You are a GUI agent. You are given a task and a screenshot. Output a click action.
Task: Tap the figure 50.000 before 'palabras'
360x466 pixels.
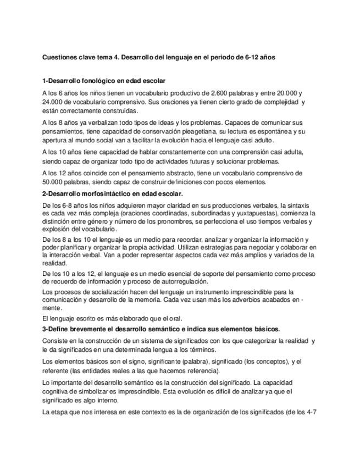(x=53, y=181)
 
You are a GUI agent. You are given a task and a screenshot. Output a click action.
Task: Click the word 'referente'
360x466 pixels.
(x=56, y=370)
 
